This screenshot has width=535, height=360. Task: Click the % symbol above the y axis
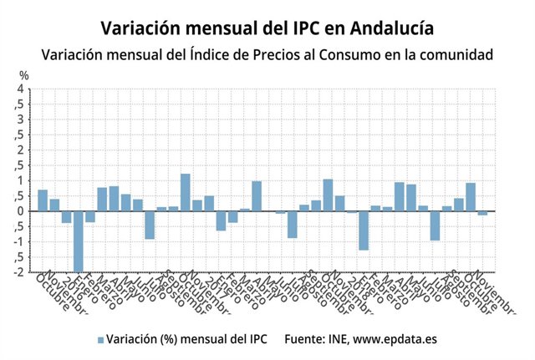click(23, 75)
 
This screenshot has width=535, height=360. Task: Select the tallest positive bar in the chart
click(186, 192)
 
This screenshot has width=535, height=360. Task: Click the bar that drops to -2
click(78, 241)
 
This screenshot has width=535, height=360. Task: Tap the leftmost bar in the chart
click(43, 200)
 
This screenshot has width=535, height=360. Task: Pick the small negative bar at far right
click(482, 213)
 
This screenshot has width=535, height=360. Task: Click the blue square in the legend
click(101, 340)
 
